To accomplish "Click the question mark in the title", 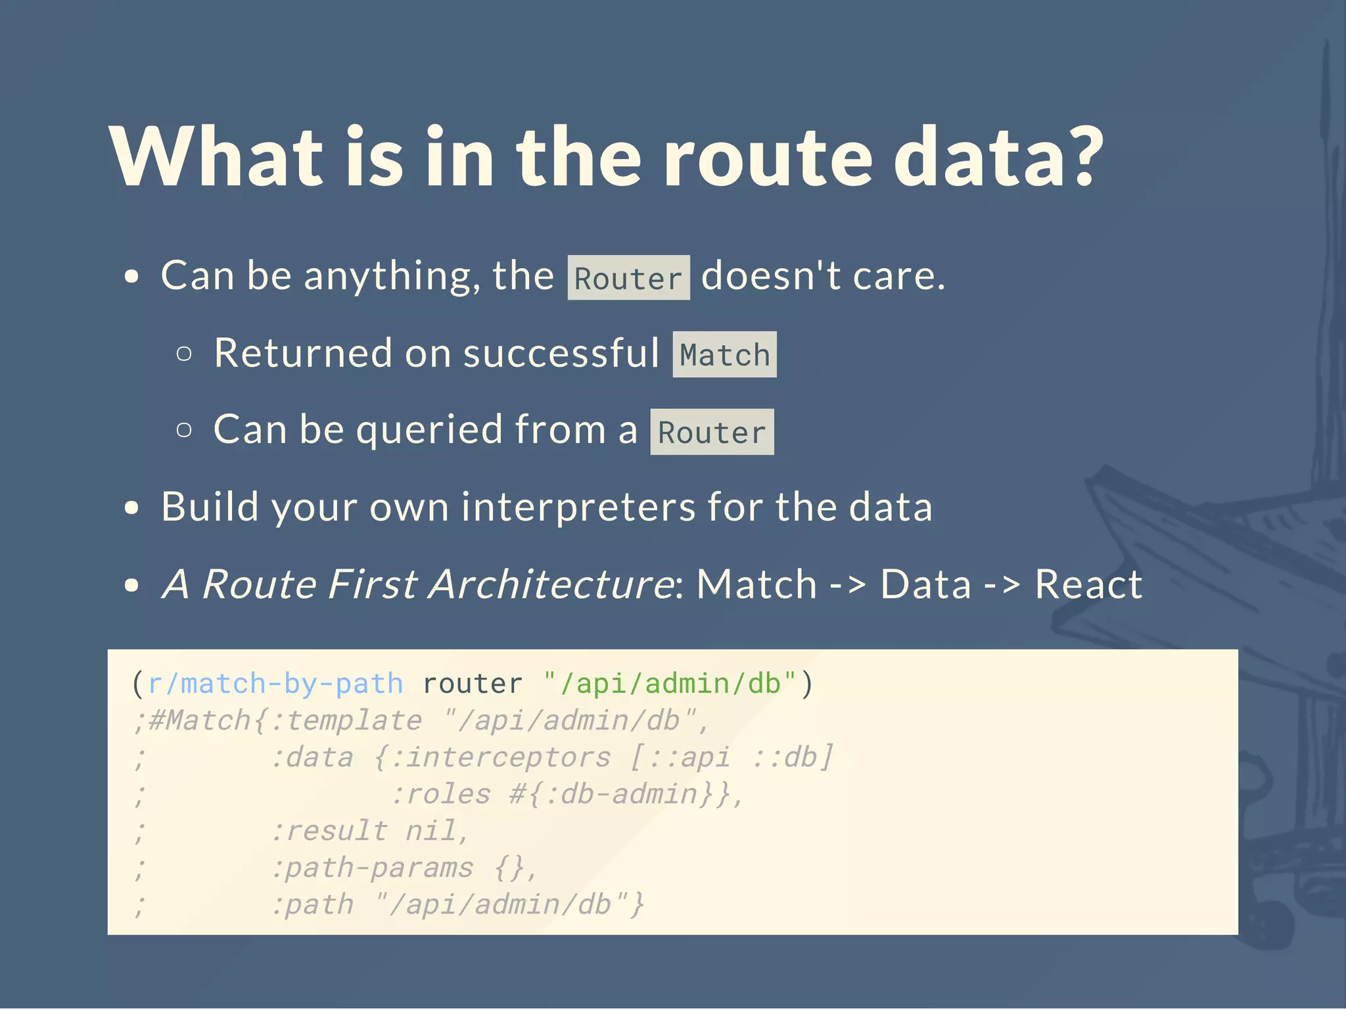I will [x=1079, y=156].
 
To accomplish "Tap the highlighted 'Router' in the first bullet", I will [x=628, y=278].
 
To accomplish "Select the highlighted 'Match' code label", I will [x=724, y=355].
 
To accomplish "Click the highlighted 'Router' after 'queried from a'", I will [x=712, y=433].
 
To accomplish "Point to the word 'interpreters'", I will [x=578, y=507].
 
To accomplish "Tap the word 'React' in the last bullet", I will [x=1088, y=584].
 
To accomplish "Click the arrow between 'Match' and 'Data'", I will [x=848, y=584].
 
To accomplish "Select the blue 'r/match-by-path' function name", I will [x=275, y=684].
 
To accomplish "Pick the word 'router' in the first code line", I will [x=473, y=684].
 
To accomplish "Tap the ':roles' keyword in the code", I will [x=441, y=794].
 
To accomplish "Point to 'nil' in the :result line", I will [x=430, y=831].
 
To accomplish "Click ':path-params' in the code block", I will [x=372, y=868].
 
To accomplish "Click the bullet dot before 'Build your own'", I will [x=132, y=508].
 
